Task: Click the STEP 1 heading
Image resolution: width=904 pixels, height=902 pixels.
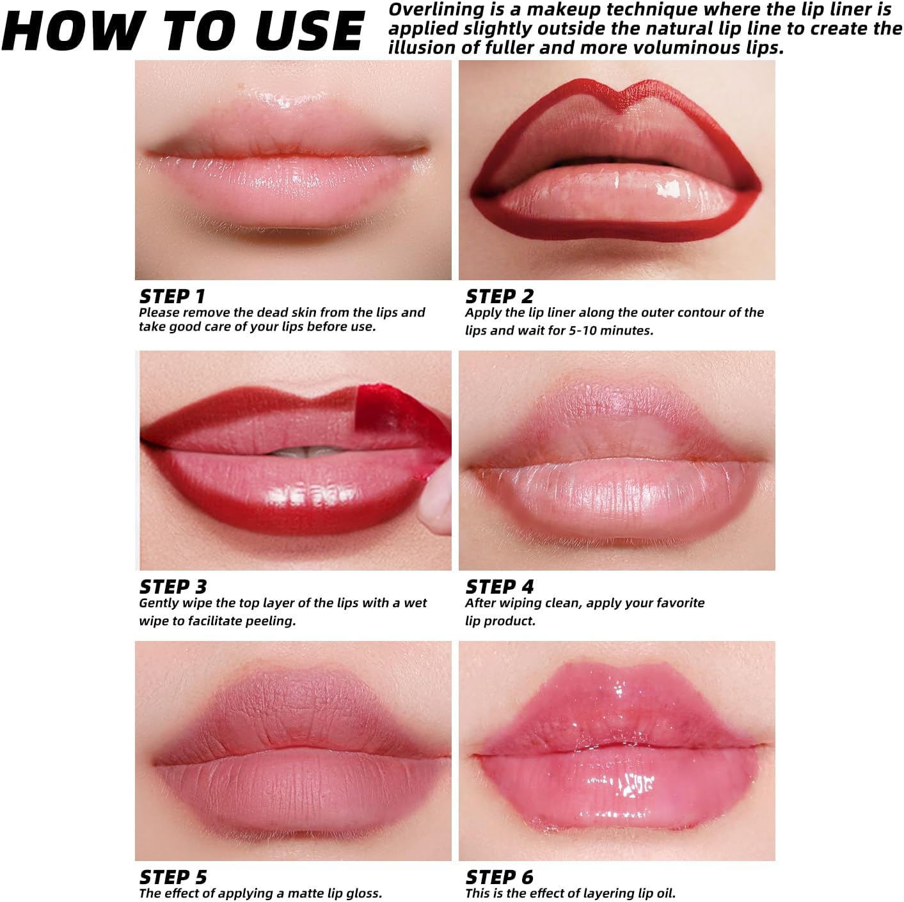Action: [172, 296]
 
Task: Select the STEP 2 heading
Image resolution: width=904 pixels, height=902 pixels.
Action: [499, 296]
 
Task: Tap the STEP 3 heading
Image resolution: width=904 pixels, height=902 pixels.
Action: [173, 587]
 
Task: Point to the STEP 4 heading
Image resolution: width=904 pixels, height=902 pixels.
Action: [499, 587]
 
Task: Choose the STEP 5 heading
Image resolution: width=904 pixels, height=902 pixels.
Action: [173, 877]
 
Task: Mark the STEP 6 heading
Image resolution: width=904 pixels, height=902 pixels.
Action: [499, 877]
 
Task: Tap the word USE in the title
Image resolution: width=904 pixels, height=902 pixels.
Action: [309, 31]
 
